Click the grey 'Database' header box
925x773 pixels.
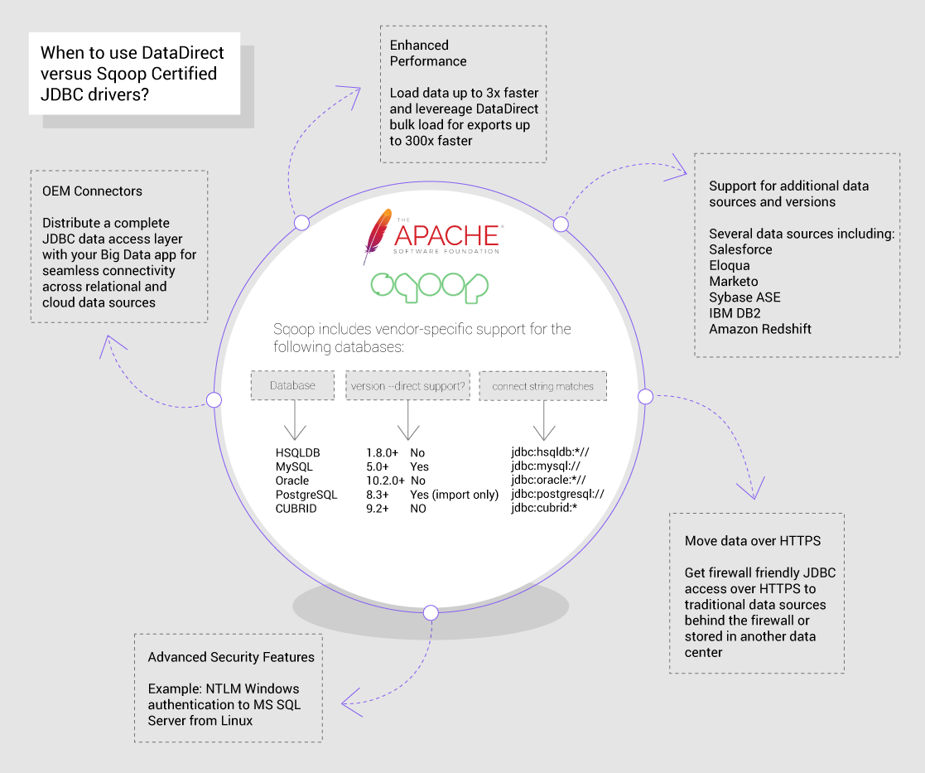[293, 385]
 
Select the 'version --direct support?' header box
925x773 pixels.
[407, 385]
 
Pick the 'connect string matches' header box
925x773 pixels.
[542, 386]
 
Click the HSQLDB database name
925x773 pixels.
[297, 453]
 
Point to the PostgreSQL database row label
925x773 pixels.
[306, 495]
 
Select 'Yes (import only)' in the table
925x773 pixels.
[454, 495]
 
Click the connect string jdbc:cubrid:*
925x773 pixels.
[543, 509]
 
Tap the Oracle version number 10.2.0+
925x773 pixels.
[385, 481]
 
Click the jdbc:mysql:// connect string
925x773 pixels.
[544, 467]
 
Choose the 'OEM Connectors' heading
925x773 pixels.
[92, 191]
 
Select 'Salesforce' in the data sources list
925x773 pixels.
[740, 249]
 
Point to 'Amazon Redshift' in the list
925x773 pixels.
[760, 329]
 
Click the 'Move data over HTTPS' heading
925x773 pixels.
[753, 541]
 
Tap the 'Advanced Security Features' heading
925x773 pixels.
[231, 657]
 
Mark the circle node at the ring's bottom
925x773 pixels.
[431, 612]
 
